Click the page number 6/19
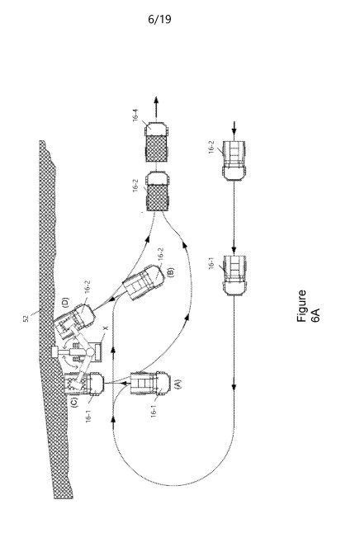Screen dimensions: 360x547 (x=159, y=19)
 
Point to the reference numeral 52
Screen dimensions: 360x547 (x=26, y=318)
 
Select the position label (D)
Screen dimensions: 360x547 (x=65, y=302)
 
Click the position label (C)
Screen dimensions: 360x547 (x=74, y=403)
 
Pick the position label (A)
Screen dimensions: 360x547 (x=178, y=384)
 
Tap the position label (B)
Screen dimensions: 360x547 (x=170, y=271)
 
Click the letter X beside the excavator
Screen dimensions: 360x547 (x=107, y=328)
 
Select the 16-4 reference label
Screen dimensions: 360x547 (x=135, y=116)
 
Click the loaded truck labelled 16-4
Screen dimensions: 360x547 (x=157, y=142)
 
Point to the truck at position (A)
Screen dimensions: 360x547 (x=150, y=384)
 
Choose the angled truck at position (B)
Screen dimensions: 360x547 (x=143, y=282)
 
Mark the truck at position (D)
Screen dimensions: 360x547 (x=74, y=321)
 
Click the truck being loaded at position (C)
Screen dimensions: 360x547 (x=84, y=384)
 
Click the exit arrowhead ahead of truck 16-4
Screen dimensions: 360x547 (x=156, y=101)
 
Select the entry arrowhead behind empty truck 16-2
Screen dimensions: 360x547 (x=234, y=131)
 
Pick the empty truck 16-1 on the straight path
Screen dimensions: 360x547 (x=234, y=276)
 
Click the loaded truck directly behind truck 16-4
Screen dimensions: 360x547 (x=158, y=191)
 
